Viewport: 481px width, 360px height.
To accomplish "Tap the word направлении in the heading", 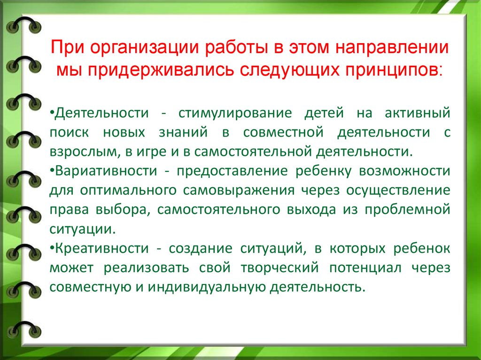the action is (x=392, y=48).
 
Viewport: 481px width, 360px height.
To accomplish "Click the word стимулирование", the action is (x=235, y=113).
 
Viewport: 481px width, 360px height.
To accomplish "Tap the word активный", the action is (x=417, y=113).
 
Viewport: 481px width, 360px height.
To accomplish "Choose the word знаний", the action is (x=183, y=133).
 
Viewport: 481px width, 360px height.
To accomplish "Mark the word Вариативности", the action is (x=106, y=171).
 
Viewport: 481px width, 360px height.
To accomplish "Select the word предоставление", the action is (x=232, y=171).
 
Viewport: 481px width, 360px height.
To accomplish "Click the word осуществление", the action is (x=398, y=191).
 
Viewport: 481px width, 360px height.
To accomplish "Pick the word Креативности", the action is (x=102, y=248).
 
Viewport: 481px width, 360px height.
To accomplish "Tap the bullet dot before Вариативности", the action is (x=52, y=169).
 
